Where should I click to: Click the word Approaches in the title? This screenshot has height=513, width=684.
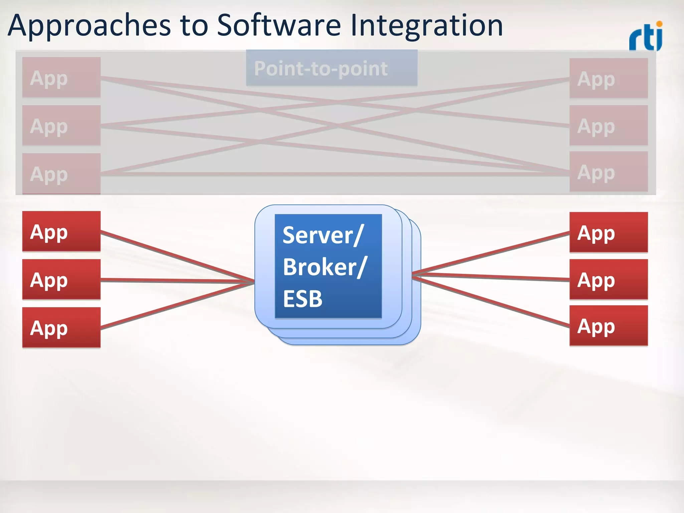(90, 26)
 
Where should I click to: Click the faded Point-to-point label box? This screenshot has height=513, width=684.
(331, 68)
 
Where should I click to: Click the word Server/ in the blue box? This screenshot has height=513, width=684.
(322, 235)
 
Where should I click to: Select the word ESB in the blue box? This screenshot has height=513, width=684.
(303, 298)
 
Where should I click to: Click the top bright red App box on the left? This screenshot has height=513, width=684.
(61, 231)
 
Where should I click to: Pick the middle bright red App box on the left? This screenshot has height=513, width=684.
(61, 279)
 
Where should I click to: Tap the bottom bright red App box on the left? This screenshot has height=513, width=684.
(61, 327)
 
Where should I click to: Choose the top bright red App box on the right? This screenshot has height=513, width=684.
(609, 232)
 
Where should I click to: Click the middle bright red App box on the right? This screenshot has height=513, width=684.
(609, 280)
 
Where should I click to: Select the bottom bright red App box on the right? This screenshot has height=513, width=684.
(609, 326)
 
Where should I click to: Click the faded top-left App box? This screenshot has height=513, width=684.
(61, 77)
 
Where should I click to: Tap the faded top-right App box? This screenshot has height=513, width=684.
(609, 78)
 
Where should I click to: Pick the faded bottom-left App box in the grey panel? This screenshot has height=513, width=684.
(61, 173)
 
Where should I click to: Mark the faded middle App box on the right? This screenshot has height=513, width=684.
(609, 126)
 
